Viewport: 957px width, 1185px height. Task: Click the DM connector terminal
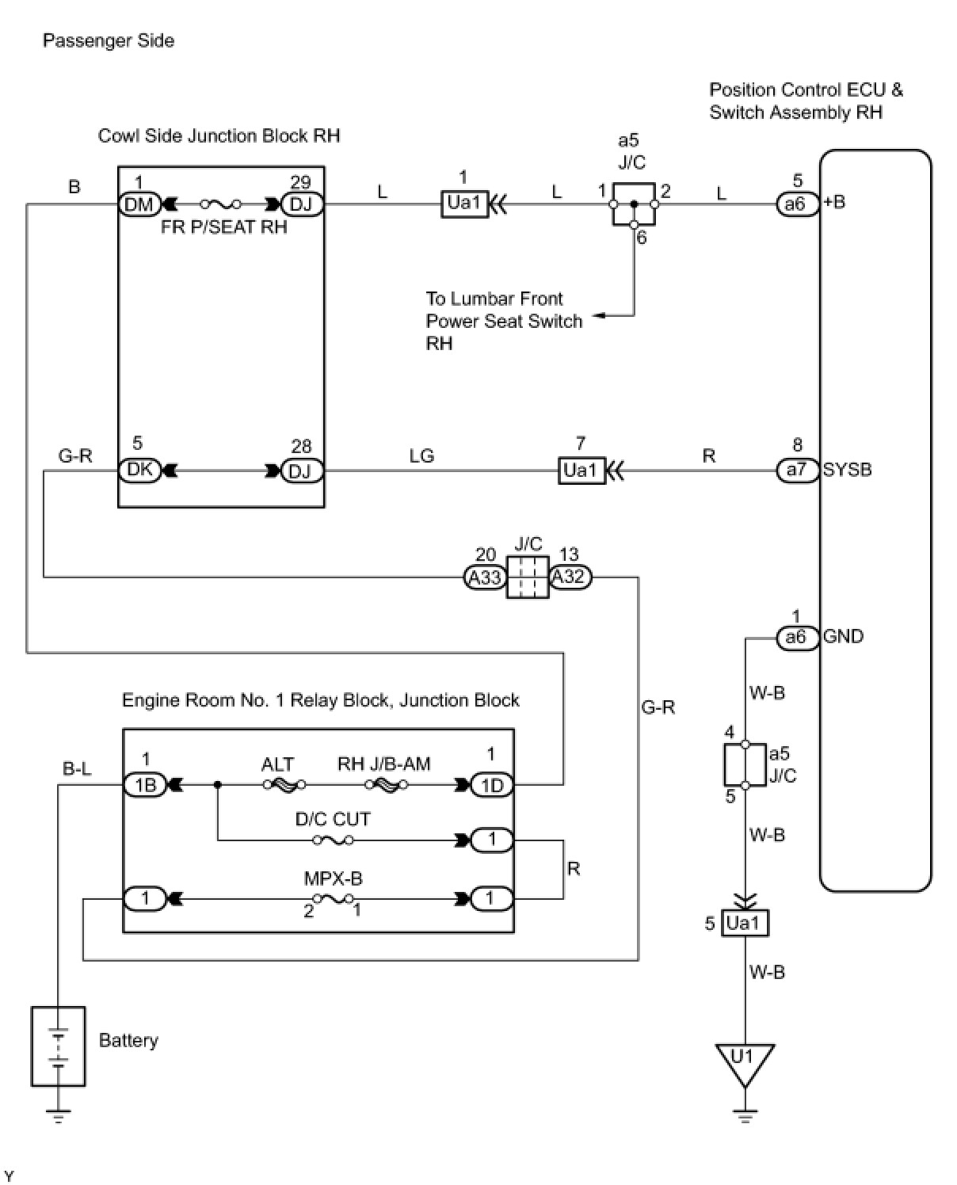tap(139, 204)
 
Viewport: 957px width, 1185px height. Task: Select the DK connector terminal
tap(139, 470)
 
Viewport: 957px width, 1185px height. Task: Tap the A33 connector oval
tap(484, 577)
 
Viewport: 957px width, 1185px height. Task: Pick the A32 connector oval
tap(570, 577)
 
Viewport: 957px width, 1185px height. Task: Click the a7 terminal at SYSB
tap(796, 470)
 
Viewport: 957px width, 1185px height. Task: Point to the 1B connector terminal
tap(145, 785)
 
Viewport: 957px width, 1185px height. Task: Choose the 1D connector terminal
tap(492, 785)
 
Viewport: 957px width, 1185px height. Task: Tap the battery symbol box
tap(58, 1046)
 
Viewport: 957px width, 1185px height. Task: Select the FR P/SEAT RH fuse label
tap(223, 227)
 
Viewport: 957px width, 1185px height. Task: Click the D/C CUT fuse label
tap(333, 819)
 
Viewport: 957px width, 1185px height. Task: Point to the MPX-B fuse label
tap(333, 878)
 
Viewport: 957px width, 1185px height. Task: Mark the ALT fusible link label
tap(277, 764)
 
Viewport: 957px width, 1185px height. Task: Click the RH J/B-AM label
tap(384, 764)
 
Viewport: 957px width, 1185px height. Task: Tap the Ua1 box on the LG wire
tap(582, 471)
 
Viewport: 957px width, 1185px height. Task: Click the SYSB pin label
tap(847, 470)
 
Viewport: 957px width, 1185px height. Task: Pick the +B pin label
tap(834, 202)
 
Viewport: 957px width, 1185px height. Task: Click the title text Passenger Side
tap(109, 40)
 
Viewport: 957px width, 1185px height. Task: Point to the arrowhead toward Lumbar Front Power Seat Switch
tap(600, 316)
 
